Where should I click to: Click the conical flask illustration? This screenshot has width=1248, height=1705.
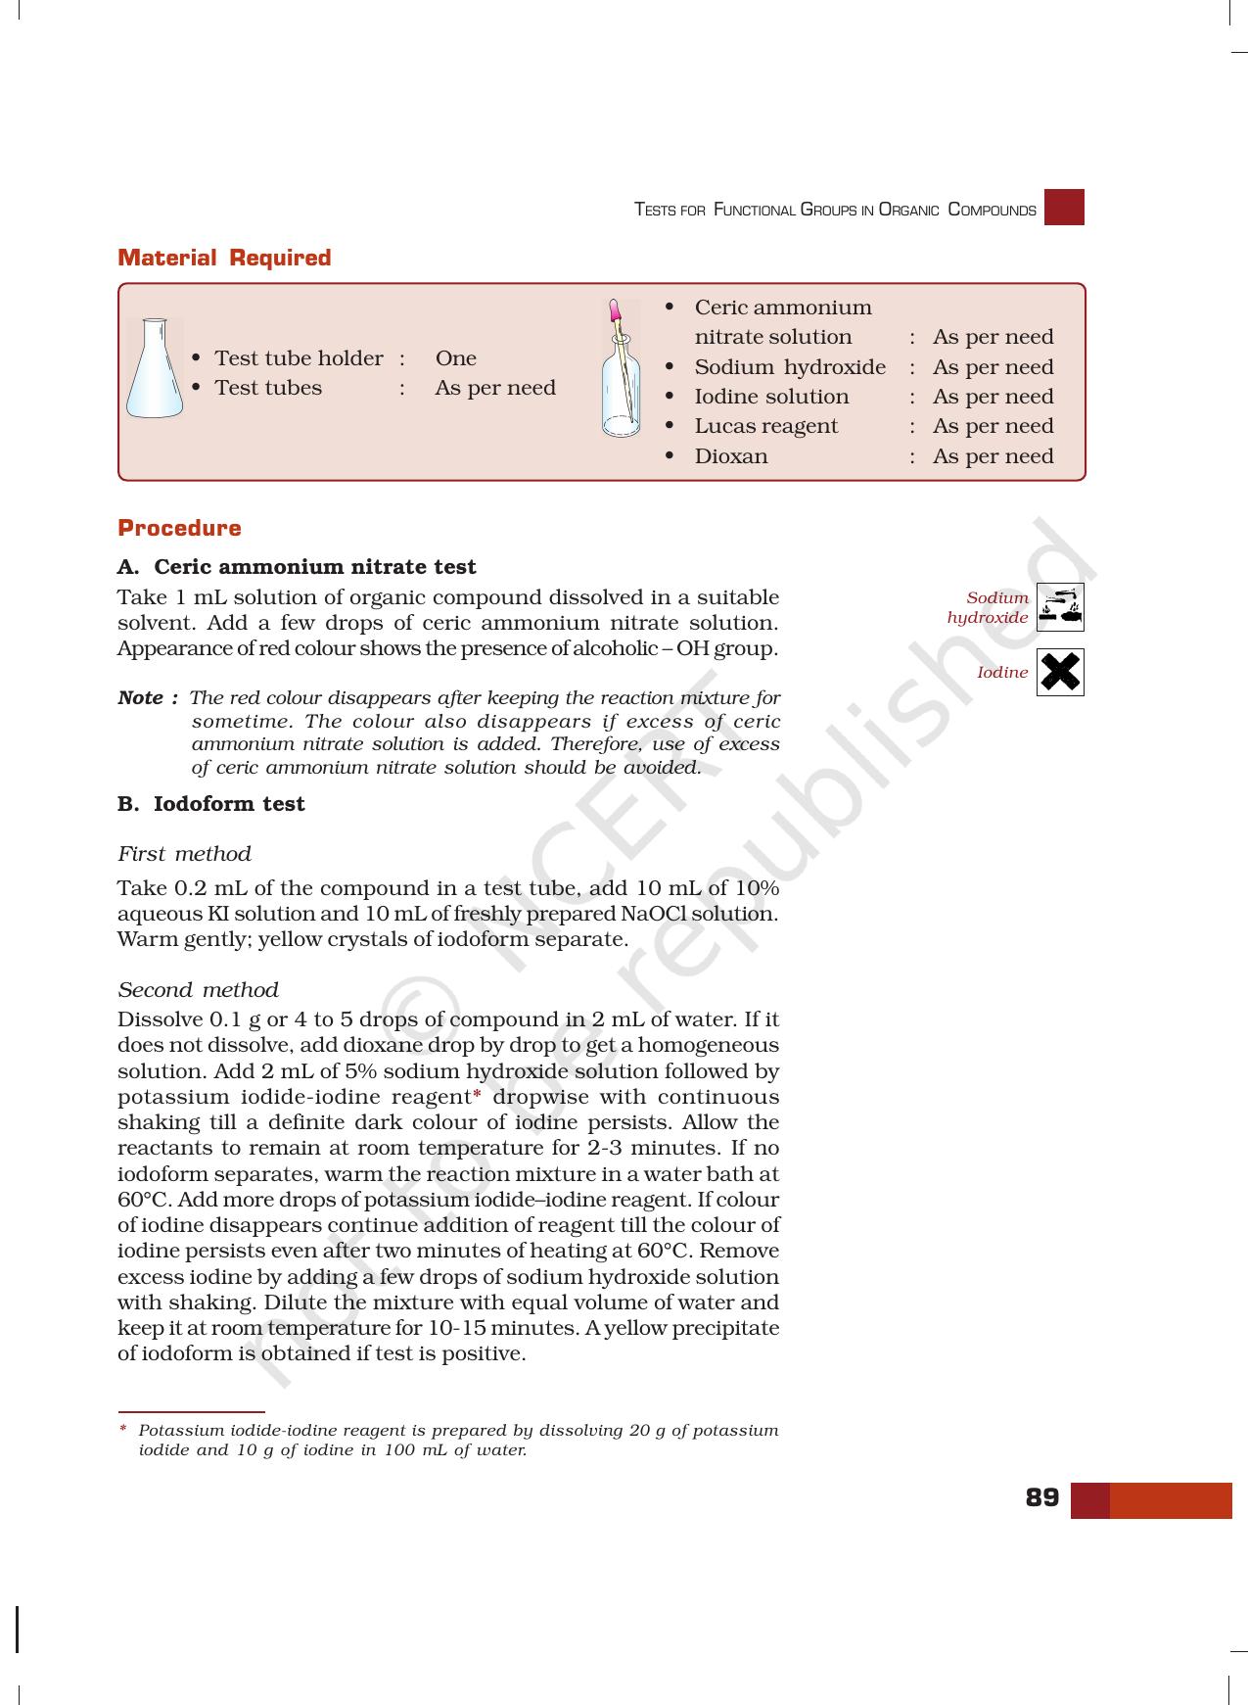pos(155,368)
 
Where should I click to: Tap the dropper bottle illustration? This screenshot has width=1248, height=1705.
pos(620,369)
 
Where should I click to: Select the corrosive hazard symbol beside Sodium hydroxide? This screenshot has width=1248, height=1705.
pos(1060,607)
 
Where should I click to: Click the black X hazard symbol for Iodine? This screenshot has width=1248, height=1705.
pos(1060,672)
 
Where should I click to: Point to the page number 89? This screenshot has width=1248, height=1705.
pos(1041,1497)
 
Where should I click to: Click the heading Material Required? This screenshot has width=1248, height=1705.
pos(224,258)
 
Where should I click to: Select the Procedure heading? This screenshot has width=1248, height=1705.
pos(179,528)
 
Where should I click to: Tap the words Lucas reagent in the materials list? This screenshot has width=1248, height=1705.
pos(765,426)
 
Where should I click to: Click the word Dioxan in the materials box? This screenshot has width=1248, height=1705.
pos(730,456)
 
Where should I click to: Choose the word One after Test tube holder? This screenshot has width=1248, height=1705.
pos(455,358)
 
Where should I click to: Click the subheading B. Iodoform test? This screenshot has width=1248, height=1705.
pos(210,804)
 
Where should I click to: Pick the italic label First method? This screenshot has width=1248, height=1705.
pos(184,854)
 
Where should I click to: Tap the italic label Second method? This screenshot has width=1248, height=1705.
pos(198,990)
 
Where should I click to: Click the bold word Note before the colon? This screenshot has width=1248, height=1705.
pos(140,698)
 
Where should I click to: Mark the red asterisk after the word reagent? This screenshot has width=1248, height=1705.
pos(477,1095)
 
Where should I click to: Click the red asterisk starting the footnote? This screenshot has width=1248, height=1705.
pos(122,1429)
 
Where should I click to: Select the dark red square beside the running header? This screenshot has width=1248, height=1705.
pos(1064,208)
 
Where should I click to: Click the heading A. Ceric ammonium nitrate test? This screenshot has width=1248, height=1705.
pos(297,567)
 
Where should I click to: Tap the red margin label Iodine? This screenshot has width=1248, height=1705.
pos(1002,673)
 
